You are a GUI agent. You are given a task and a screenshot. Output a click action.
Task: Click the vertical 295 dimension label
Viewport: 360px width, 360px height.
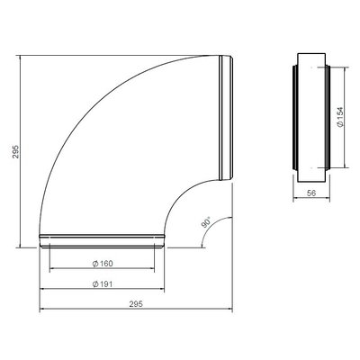[x=16, y=152]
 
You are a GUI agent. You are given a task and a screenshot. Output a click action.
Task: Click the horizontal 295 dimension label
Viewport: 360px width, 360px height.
[x=136, y=304]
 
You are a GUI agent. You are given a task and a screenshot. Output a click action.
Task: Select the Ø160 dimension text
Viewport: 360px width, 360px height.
[x=103, y=264]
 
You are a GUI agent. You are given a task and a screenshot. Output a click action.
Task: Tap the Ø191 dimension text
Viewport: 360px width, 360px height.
[x=103, y=284]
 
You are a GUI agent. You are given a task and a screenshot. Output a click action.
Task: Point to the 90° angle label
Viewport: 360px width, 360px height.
[x=206, y=223]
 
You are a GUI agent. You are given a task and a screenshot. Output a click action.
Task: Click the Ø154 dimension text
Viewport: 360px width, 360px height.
[x=339, y=117]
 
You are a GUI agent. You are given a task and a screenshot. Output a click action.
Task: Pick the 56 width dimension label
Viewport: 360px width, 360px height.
[x=311, y=193]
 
